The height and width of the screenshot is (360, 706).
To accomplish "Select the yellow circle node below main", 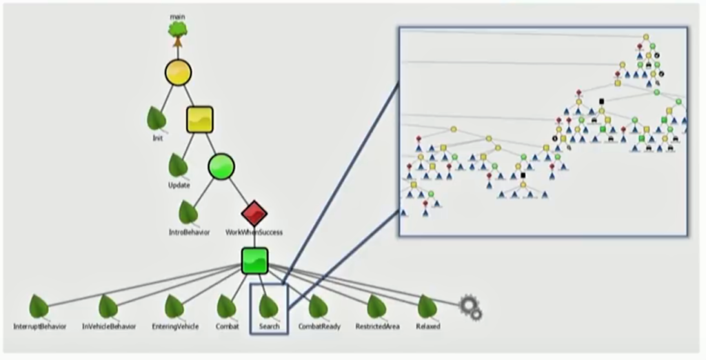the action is pos(179,72).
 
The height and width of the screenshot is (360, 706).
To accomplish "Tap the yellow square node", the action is pos(199,119).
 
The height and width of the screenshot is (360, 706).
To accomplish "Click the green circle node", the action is pos(221,166).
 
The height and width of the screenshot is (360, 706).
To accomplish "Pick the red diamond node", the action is pos(254,213).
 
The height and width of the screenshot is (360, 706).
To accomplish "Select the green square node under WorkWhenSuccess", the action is pos(255,261).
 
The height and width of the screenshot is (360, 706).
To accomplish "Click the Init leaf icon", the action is pos(157,119).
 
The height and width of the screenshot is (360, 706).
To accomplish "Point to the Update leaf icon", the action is pos(179,166).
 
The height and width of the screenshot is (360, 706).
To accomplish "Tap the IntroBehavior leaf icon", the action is pos(188,212).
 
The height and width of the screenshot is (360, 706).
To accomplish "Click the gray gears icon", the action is pos(470,308).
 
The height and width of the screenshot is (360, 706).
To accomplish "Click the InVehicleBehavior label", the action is pos(109,327).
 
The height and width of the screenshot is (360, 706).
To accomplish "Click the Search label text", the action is pos(270,327).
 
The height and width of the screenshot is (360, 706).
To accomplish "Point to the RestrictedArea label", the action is pos(377,327).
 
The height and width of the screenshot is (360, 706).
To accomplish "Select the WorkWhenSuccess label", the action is pos(254,232).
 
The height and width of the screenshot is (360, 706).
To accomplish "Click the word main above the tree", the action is pos(177,17).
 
